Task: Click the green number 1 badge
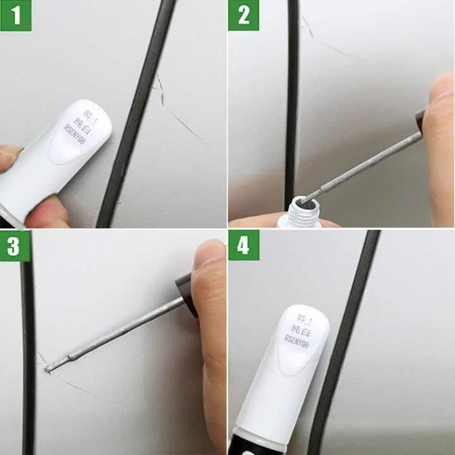[15, 15]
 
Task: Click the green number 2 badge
[243, 15]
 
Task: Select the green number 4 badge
[243, 246]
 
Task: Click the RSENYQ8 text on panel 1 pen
[75, 135]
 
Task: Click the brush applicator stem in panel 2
[367, 162]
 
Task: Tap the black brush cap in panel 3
[186, 294]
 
